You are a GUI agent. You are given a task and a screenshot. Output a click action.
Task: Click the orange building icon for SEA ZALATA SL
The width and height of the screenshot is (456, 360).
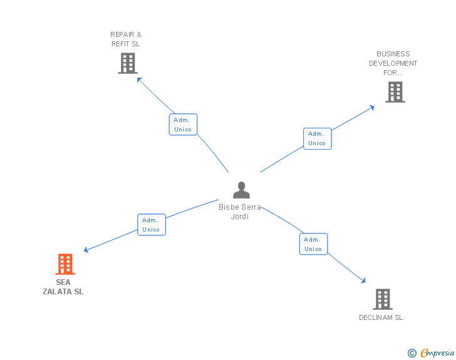65,264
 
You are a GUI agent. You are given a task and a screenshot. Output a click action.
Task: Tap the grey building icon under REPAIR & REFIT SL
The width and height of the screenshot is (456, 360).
128,63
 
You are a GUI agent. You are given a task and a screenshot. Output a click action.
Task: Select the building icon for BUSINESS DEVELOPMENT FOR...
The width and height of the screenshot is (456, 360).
395,92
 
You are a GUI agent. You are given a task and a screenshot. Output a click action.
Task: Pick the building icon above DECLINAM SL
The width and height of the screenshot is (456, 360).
383,299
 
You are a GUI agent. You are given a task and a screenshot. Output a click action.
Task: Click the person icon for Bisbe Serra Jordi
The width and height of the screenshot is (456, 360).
241,190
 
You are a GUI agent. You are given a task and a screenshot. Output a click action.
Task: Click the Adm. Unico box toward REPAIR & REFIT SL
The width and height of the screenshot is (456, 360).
183,125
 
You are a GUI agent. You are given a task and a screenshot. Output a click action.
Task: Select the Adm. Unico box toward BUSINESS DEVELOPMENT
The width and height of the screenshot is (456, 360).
318,139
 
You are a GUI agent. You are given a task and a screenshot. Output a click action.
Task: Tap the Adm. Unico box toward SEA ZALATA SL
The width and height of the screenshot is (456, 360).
152,225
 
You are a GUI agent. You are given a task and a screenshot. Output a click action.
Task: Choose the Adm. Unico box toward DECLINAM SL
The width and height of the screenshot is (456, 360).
313,244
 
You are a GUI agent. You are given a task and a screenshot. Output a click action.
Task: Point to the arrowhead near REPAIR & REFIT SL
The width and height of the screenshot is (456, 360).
139,80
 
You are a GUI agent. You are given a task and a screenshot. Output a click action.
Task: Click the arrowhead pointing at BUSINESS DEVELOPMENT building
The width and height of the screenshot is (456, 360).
371,108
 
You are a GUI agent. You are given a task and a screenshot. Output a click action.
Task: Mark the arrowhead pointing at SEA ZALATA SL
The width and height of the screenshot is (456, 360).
86,250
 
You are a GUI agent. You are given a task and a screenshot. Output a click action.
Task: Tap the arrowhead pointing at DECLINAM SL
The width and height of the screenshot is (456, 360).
363,280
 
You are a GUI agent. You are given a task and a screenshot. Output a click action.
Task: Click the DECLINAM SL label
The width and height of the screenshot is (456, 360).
381,317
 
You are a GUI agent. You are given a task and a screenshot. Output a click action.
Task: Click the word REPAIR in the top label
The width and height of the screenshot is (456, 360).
122,34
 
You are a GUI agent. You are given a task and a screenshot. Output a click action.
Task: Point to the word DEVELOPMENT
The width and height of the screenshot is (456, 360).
393,63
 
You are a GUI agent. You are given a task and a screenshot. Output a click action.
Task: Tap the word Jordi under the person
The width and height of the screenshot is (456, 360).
240,217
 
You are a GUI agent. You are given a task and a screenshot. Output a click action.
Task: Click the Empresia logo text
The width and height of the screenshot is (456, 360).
437,353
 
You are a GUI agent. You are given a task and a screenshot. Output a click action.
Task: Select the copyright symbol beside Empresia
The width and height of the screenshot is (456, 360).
412,353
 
